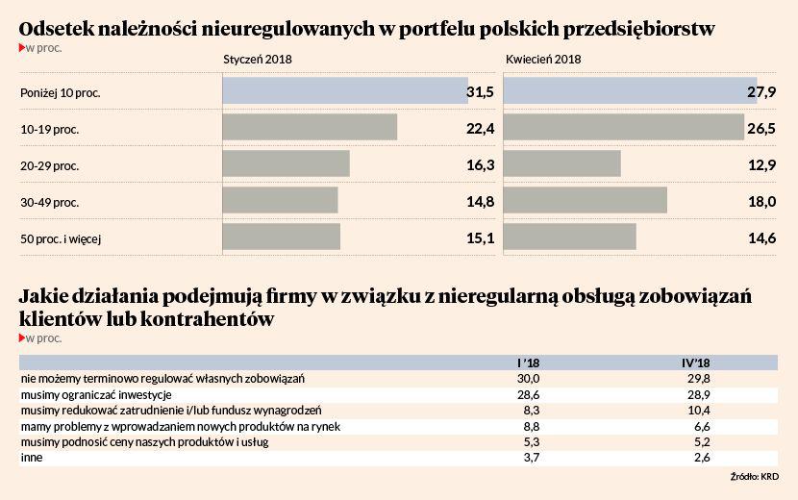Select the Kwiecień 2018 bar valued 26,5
tap(623, 127)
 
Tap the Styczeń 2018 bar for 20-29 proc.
tap(286, 163)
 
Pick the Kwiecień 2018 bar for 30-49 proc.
tap(585, 200)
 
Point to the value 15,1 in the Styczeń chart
tap(480, 237)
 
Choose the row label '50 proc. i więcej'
tap(61, 237)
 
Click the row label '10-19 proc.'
tap(49, 129)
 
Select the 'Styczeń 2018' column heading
tap(257, 59)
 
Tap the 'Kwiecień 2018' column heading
tap(543, 59)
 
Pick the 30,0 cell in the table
tap(529, 379)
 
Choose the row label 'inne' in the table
tap(31, 458)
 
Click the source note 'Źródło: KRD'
tap(754, 476)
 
